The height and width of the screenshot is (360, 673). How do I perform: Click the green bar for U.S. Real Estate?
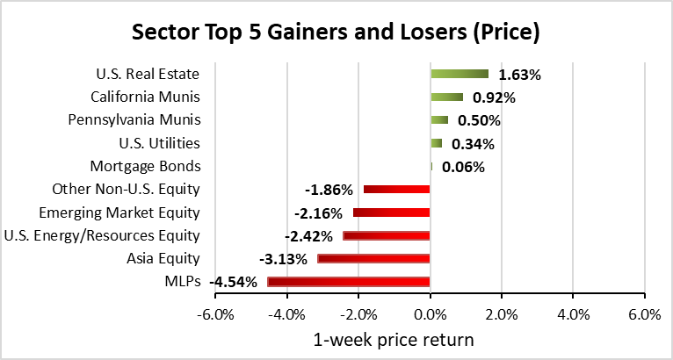coord(460,75)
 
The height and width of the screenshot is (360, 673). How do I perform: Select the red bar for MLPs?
coord(349,282)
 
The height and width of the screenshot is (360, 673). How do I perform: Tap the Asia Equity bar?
coord(373,259)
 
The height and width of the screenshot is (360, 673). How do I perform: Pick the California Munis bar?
coord(447,97)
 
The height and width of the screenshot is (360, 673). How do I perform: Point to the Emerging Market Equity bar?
coord(392,212)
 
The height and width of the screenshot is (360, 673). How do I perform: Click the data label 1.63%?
coord(519,76)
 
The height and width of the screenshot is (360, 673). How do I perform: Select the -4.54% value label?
coord(233,283)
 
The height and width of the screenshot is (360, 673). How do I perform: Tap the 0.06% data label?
coord(463,167)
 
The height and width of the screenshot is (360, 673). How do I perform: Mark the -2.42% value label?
coord(308,236)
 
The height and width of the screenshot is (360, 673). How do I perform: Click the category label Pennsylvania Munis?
coord(134,119)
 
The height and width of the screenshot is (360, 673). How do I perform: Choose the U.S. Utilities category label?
coord(160,143)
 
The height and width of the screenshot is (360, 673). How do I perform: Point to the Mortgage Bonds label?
coord(145,167)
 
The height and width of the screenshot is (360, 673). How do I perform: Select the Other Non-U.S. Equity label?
coord(127,190)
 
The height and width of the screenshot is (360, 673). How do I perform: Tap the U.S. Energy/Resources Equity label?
coord(102,235)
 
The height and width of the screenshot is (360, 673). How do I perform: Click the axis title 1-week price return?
coord(394,340)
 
